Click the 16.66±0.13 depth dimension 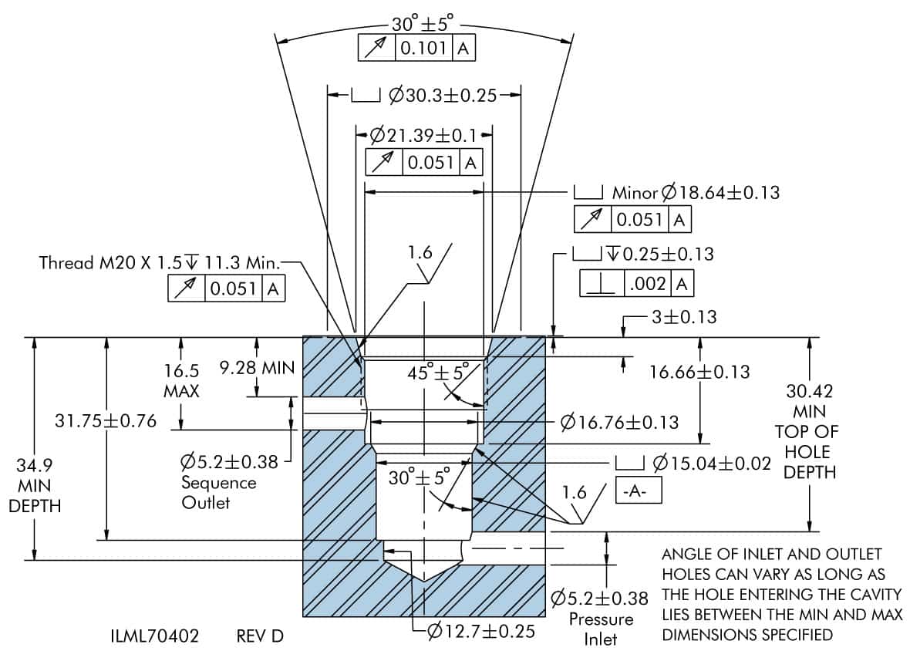pyautogui.click(x=699, y=373)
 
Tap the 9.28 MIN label pyautogui.click(x=257, y=368)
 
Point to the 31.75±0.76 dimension pyautogui.click(x=106, y=421)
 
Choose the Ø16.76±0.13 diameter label pyautogui.click(x=620, y=422)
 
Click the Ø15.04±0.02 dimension pyautogui.click(x=711, y=464)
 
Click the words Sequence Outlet pyautogui.click(x=218, y=492)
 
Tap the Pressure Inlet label pyautogui.click(x=601, y=628)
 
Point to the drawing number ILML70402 pyautogui.click(x=155, y=636)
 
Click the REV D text pyautogui.click(x=260, y=636)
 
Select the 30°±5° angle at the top pyautogui.click(x=424, y=23)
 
